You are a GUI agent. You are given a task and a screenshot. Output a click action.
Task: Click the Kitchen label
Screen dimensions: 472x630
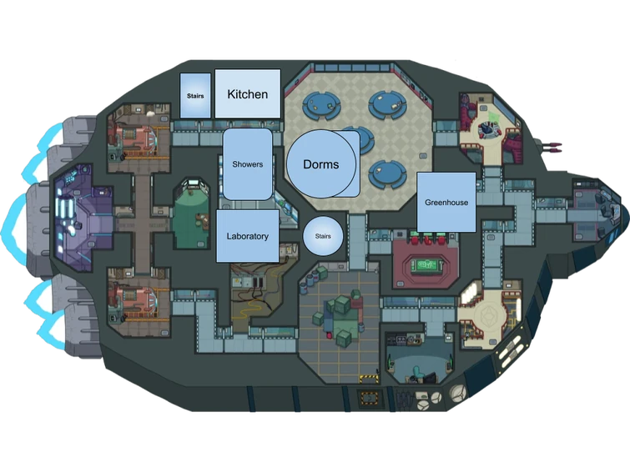tap(248, 94)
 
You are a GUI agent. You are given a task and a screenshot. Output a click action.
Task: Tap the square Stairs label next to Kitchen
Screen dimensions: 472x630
tap(195, 96)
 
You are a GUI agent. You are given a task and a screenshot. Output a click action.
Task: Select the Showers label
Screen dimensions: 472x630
tap(248, 164)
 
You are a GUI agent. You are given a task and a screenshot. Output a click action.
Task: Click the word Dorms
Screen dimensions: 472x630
tap(321, 164)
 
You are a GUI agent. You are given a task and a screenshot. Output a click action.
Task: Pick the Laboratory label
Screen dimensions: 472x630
tap(248, 236)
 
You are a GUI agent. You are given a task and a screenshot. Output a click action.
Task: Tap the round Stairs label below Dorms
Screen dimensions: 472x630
tap(323, 236)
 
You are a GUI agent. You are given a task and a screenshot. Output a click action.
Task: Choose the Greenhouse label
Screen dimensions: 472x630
tap(446, 203)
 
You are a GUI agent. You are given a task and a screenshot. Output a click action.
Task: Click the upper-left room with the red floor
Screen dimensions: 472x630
tap(138, 136)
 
